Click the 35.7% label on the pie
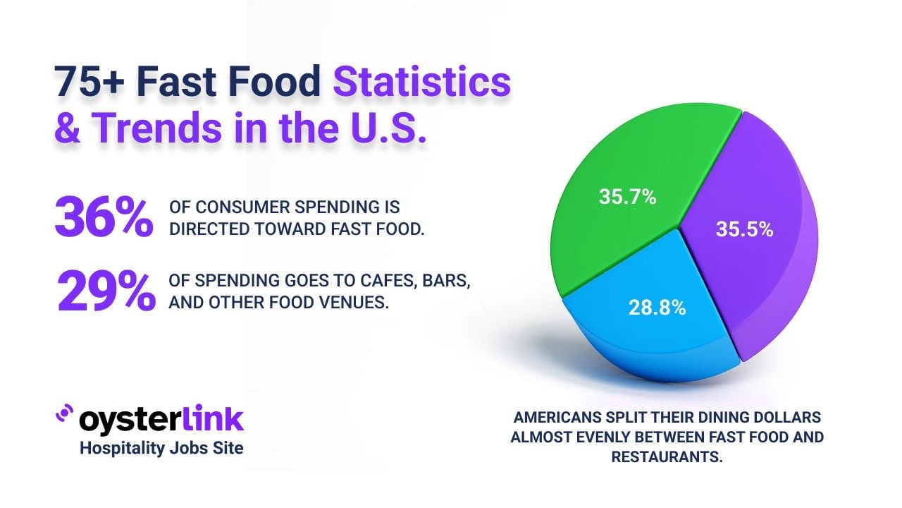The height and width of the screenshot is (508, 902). click(627, 198)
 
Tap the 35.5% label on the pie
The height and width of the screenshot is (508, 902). click(744, 230)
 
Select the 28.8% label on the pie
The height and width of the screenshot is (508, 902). click(657, 308)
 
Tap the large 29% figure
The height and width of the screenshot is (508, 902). click(106, 290)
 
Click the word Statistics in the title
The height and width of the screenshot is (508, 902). click(421, 83)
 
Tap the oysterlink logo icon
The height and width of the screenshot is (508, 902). click(64, 414)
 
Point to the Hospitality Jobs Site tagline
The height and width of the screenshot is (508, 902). click(161, 447)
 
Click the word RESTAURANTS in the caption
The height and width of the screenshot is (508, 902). click(667, 456)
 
